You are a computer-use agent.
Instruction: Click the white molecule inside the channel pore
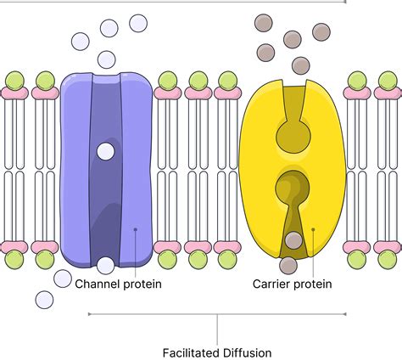coord(105,151)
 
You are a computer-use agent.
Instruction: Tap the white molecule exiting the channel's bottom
coord(105,265)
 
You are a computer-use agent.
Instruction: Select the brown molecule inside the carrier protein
coord(293,241)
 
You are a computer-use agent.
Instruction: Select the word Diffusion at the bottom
coord(246,352)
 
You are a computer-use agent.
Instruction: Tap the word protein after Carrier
coord(313,284)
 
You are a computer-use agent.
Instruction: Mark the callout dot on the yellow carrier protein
coord(313,228)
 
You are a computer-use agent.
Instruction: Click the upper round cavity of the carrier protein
coord(293,133)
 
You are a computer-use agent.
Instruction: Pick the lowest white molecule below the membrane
coord(44,299)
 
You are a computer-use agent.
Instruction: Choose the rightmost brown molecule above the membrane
coord(321,31)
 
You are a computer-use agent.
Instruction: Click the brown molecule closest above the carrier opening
coord(300,65)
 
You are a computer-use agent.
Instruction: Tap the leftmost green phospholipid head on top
coord(14,81)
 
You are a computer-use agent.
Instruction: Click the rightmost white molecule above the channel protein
coord(138,23)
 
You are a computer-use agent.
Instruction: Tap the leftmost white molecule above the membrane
coord(81,41)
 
